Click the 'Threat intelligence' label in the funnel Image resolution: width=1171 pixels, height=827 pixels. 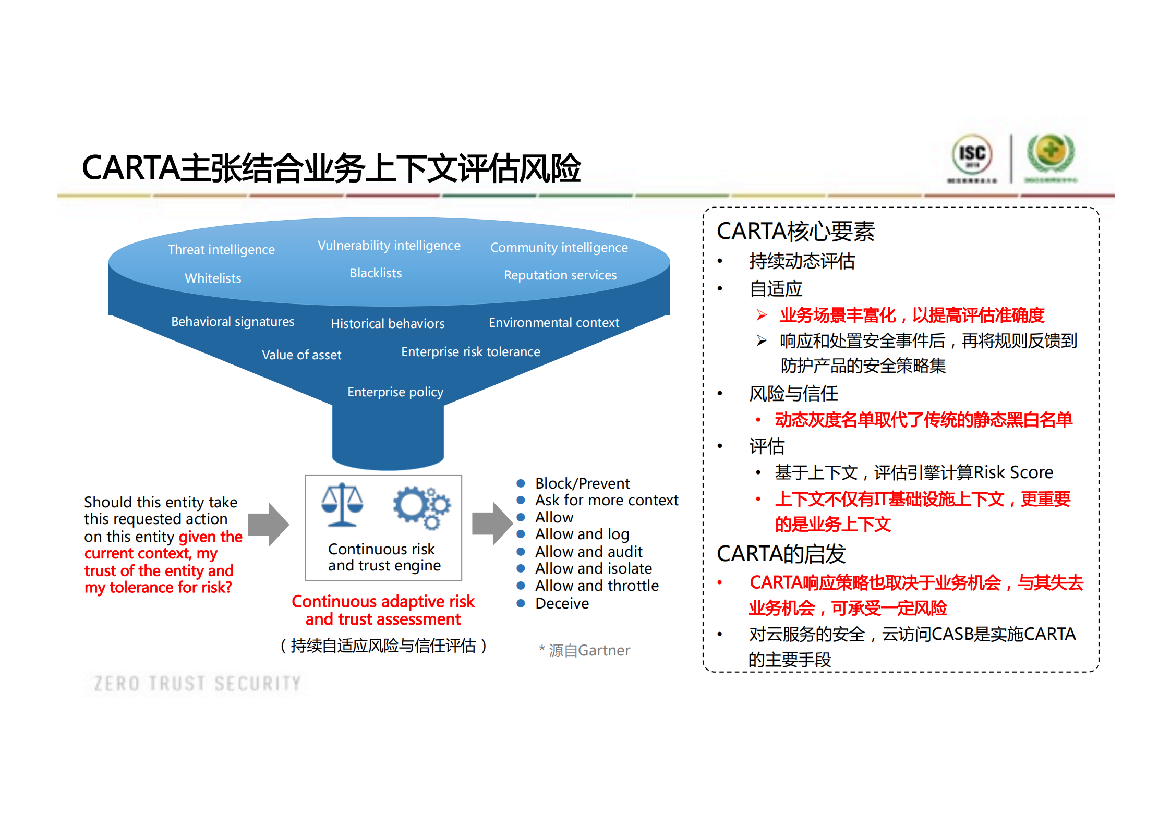(x=221, y=250)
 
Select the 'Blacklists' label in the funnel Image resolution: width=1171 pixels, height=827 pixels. (x=376, y=273)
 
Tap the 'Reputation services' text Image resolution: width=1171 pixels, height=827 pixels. (x=560, y=275)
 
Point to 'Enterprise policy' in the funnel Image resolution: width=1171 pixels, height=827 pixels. (x=395, y=392)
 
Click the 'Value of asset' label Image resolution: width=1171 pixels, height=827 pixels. (x=301, y=355)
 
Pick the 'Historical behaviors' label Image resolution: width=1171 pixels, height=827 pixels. (x=388, y=324)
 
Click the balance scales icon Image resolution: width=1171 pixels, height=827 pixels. (x=342, y=505)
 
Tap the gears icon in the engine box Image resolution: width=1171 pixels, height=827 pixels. (x=421, y=507)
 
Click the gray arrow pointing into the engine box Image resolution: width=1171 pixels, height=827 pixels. (x=269, y=524)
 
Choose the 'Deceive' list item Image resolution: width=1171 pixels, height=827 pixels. (x=562, y=604)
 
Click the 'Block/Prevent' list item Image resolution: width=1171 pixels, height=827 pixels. (x=582, y=484)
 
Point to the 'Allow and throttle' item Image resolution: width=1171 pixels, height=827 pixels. (x=597, y=586)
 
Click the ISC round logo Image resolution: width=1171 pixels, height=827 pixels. (x=972, y=154)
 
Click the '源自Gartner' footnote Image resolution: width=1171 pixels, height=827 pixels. (x=589, y=651)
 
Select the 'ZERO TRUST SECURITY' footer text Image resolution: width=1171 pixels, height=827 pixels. (x=197, y=684)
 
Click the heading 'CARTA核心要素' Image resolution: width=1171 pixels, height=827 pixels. (x=795, y=232)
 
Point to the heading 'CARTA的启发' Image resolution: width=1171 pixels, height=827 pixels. (x=781, y=554)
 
